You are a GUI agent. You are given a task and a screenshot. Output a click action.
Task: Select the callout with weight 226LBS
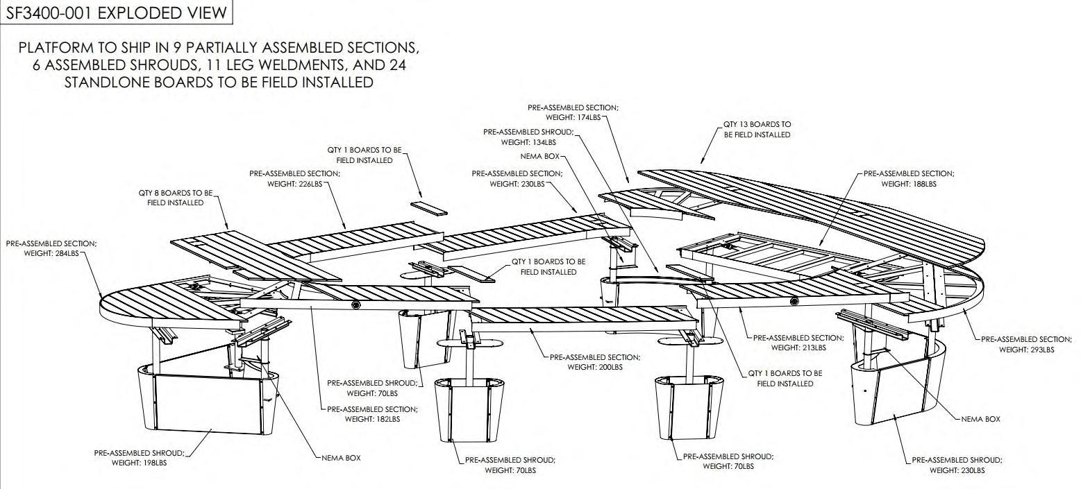[x=294, y=179]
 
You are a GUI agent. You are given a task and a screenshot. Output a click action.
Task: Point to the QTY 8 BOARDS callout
[x=175, y=198]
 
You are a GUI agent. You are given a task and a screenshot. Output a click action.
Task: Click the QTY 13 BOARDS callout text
[x=757, y=129]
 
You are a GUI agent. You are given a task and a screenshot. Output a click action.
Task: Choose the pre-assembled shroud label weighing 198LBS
[x=139, y=458]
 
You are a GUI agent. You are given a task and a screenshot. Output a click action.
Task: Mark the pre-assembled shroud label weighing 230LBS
[x=957, y=465]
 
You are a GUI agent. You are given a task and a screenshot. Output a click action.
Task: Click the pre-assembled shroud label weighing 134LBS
[x=528, y=137]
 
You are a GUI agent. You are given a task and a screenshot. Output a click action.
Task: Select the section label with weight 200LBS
[x=594, y=362]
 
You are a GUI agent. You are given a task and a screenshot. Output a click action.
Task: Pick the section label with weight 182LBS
[x=372, y=414]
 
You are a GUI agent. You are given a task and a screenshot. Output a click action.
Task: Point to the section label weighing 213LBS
[x=798, y=343]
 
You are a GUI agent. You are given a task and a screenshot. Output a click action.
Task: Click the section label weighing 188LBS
[x=908, y=179]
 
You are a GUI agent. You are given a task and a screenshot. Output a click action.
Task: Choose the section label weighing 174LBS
[x=573, y=112]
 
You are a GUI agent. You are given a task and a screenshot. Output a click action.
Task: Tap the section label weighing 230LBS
[x=517, y=179]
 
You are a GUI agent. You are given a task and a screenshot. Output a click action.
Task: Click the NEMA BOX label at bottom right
[x=980, y=419]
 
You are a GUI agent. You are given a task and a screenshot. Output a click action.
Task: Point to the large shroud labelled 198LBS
[x=208, y=399]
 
